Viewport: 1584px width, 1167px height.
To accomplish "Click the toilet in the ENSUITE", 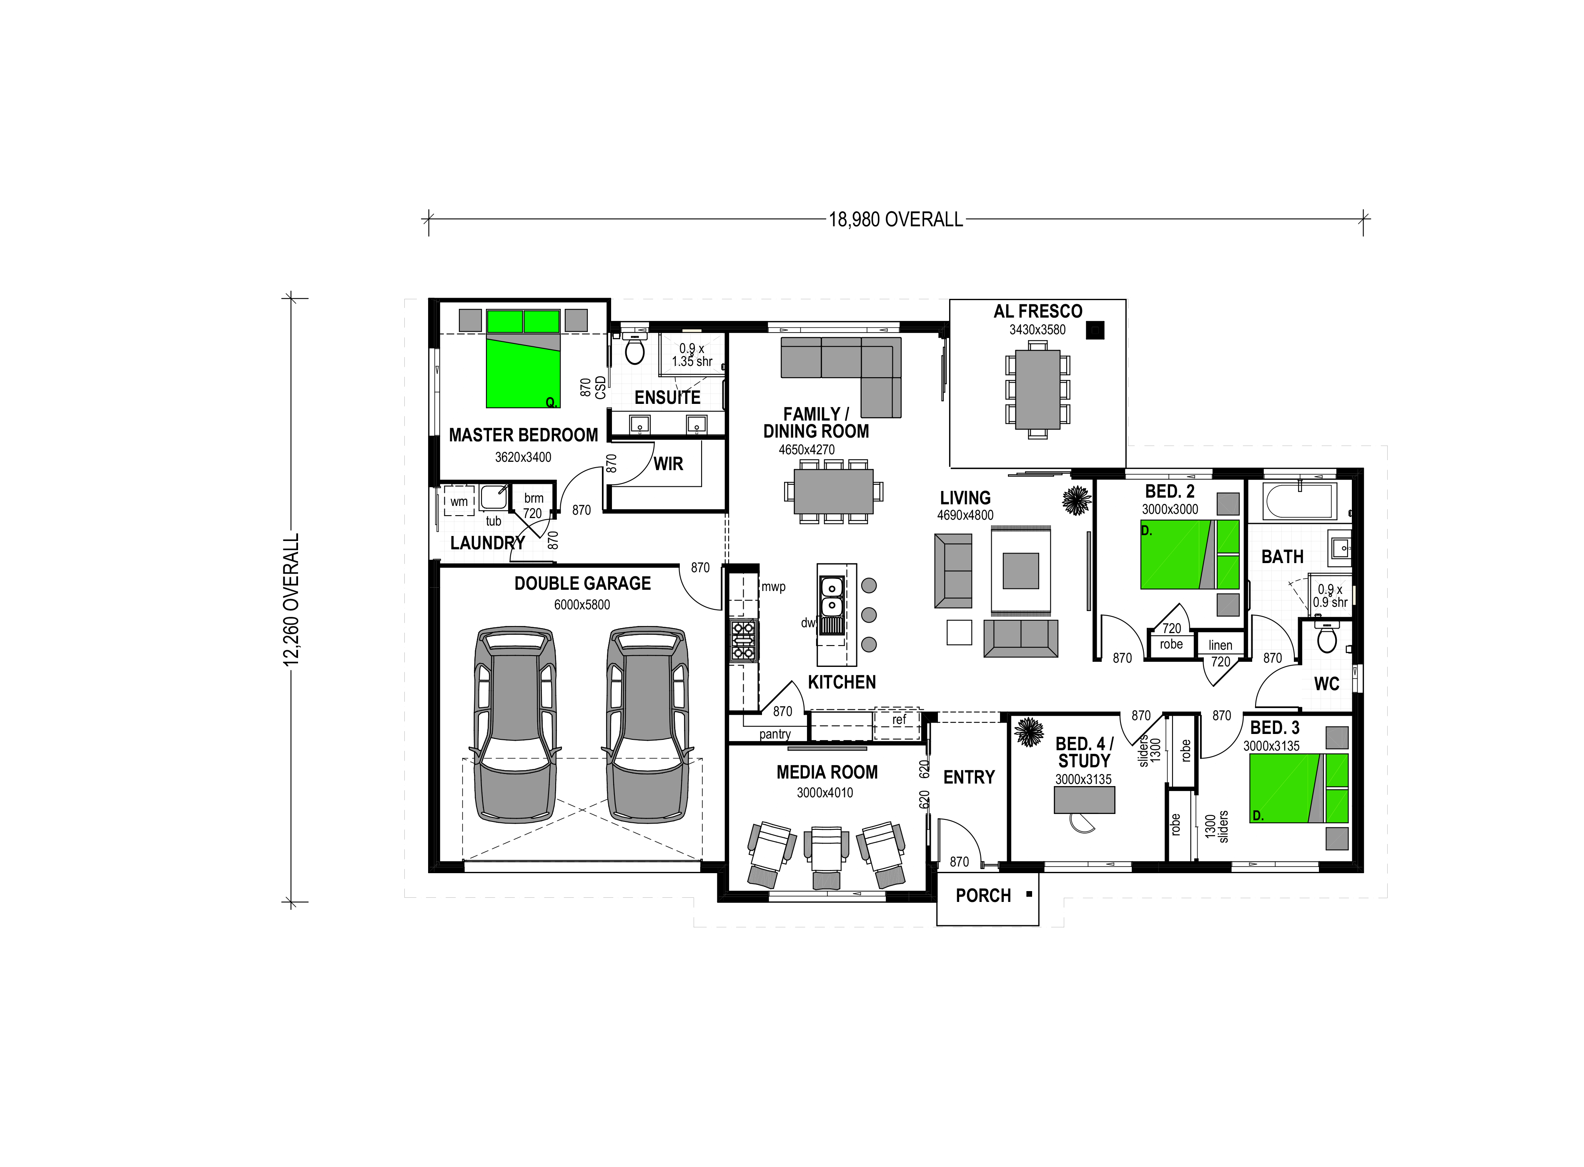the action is [x=635, y=348].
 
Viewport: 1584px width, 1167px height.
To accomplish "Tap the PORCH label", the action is [x=983, y=896].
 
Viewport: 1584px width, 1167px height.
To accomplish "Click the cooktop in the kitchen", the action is [x=743, y=641].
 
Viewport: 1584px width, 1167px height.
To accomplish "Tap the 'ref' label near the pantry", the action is [x=899, y=720].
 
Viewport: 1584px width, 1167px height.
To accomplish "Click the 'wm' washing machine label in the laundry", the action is [x=459, y=501].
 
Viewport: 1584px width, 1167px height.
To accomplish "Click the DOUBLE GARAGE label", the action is [x=582, y=583].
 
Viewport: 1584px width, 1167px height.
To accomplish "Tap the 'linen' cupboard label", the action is [x=1220, y=645].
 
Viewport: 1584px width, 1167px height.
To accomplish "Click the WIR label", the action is [x=668, y=464].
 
